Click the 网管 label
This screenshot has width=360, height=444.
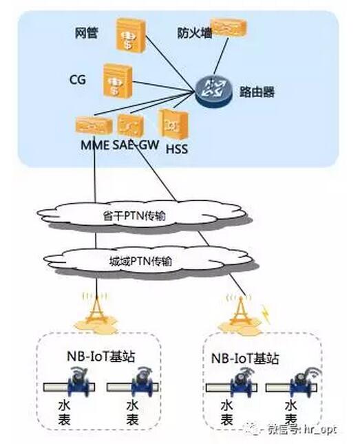point(87,33)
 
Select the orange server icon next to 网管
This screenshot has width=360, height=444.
point(131,35)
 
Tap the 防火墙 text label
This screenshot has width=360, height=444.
point(195,33)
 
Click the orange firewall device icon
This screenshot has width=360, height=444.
point(229,28)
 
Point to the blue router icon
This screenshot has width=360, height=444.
point(213,90)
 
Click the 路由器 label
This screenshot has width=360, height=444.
point(257,92)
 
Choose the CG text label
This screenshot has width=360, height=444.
point(77,80)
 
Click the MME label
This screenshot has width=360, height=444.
point(95,145)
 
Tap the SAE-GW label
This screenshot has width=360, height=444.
point(136,145)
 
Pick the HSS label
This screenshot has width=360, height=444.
point(177,149)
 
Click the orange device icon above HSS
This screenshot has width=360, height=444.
point(173,124)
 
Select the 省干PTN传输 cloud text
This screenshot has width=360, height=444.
point(134,216)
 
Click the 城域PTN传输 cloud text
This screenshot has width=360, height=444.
point(140,261)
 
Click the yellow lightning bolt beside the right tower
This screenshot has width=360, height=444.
point(266,314)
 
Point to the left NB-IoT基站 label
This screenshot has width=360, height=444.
point(100,356)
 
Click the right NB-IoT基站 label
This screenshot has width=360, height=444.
point(245,359)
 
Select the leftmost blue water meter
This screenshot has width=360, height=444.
point(78,381)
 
